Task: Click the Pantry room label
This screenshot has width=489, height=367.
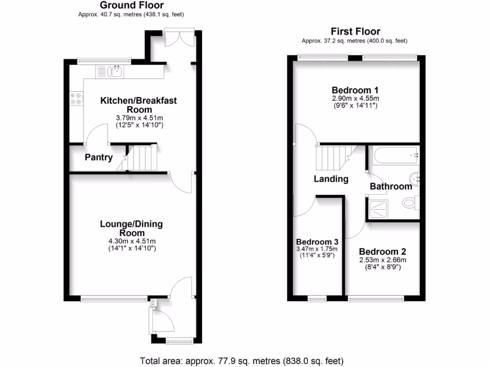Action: [99, 157]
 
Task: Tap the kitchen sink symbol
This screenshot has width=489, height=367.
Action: [115, 72]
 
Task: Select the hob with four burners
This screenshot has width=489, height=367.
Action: [76, 98]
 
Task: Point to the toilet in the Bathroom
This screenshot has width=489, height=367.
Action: [410, 203]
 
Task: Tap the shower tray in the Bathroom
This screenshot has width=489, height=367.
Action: [379, 207]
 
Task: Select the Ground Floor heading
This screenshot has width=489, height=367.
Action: [131, 6]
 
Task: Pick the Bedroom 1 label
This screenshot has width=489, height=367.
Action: [355, 90]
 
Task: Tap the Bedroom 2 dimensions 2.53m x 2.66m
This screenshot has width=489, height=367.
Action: [383, 260]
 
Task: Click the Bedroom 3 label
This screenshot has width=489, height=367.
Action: [317, 241]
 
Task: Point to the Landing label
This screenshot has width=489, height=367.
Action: [331, 179]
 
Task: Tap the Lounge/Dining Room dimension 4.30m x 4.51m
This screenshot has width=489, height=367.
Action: [131, 241]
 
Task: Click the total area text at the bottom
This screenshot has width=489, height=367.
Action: [241, 360]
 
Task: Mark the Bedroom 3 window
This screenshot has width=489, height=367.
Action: [317, 299]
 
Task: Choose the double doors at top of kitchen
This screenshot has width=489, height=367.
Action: [179, 38]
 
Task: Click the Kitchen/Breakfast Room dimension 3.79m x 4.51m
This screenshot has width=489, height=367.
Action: [138, 118]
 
